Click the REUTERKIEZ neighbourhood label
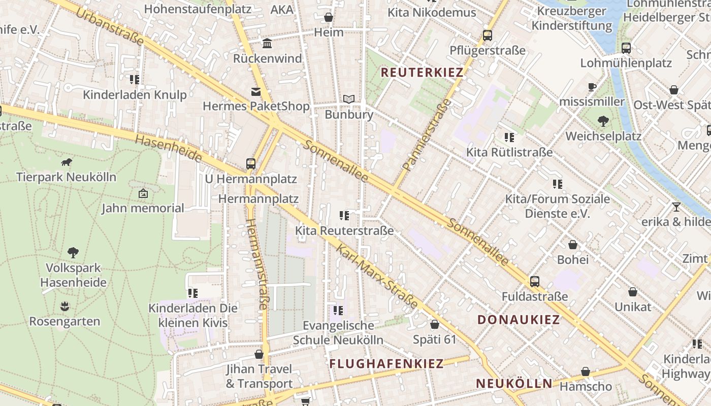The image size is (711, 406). pos(422,73)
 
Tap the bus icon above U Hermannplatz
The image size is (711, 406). pos(251,164)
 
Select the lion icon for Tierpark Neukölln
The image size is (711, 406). pos(66,162)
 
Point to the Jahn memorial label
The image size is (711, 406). pos(143,208)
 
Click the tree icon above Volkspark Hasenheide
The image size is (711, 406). pos(73,252)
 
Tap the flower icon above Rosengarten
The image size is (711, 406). pos(64,307)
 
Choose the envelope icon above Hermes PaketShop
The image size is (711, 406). pos(255,92)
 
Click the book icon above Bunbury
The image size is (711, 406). pos(348,99)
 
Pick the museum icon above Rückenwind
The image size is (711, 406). pos(267,44)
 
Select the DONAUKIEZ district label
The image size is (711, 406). pos(519,320)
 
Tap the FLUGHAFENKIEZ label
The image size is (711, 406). pos(386,363)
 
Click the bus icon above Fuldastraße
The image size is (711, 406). pos(534,281)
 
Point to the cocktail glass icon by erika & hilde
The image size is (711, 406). pos(676,207)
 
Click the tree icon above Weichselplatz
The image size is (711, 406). pos(603,121)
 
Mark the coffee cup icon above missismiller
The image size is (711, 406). pos(592,86)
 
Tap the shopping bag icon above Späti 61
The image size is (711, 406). pos(435,324)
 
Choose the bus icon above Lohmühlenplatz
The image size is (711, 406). pos(626,48)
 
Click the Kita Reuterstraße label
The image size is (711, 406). pos(344,231)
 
